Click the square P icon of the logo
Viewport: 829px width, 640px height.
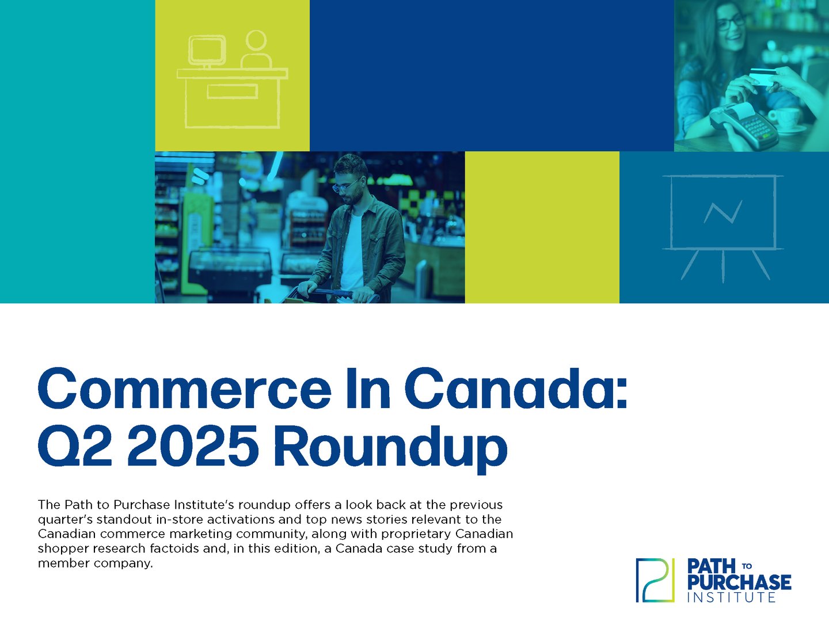tap(655, 580)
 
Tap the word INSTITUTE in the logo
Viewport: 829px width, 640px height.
tap(731, 597)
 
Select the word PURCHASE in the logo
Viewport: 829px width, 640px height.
tap(739, 582)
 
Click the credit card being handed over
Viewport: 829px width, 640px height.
tap(762, 77)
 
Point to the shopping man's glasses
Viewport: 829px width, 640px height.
tap(347, 185)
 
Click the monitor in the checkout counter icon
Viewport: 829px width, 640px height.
tap(206, 50)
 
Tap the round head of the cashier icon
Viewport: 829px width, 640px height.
tap(256, 41)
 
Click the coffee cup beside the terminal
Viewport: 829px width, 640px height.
tap(784, 118)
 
